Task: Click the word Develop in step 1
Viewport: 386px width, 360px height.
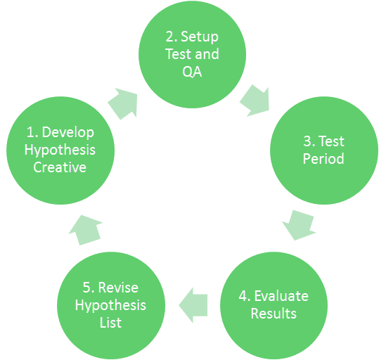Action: tap(68, 133)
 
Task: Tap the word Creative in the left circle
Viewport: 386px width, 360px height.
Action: tap(60, 167)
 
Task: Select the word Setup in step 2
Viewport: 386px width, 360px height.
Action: tap(200, 37)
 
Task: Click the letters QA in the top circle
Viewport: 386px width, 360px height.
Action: tap(192, 72)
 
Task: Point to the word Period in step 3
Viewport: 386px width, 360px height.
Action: tap(323, 159)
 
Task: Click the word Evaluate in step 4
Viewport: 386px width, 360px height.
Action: tap(281, 296)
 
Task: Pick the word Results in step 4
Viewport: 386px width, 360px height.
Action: tap(274, 314)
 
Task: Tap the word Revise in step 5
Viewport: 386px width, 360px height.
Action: tap(118, 288)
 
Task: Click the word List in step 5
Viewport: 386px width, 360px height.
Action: tap(110, 323)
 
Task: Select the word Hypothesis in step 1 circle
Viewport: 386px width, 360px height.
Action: tap(60, 150)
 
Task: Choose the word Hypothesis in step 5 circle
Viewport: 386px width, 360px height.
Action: tap(110, 306)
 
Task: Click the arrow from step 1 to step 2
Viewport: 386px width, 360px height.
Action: tap(122, 103)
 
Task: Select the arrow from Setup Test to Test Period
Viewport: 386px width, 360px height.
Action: tap(255, 101)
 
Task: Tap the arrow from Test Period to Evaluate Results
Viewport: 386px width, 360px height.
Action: tap(299, 225)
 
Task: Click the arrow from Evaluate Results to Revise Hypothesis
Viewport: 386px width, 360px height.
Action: tap(193, 305)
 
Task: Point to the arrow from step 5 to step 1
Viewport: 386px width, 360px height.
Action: tap(85, 230)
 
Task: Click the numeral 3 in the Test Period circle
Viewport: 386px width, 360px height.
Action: tap(308, 141)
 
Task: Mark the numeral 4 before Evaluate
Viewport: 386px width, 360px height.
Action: tap(243, 296)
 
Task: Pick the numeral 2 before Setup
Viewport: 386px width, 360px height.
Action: tap(170, 37)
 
